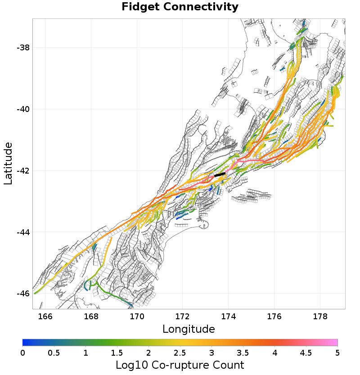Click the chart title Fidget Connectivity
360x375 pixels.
180,7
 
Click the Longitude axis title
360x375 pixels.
189,329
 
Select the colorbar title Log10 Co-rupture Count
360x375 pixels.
180,365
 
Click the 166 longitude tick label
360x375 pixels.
45,317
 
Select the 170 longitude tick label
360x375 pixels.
137,317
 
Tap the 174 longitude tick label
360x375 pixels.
229,317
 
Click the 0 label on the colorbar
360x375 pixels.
22,353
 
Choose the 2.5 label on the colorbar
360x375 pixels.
180,353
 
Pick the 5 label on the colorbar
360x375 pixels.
337,353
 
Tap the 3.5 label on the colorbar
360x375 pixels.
243,353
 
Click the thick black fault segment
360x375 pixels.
220,174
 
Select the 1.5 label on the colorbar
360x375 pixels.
117,353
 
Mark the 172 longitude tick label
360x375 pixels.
183,317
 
